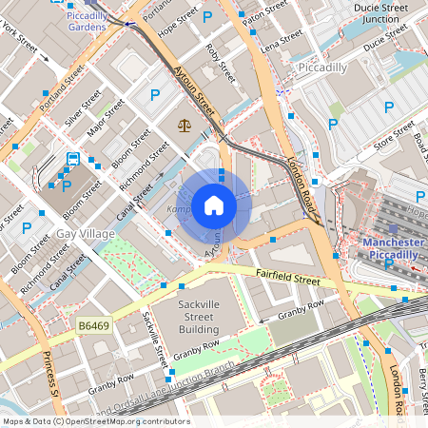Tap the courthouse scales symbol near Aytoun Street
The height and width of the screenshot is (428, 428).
184,125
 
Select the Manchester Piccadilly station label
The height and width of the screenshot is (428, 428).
392,248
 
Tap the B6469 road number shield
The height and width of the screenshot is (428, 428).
94,326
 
